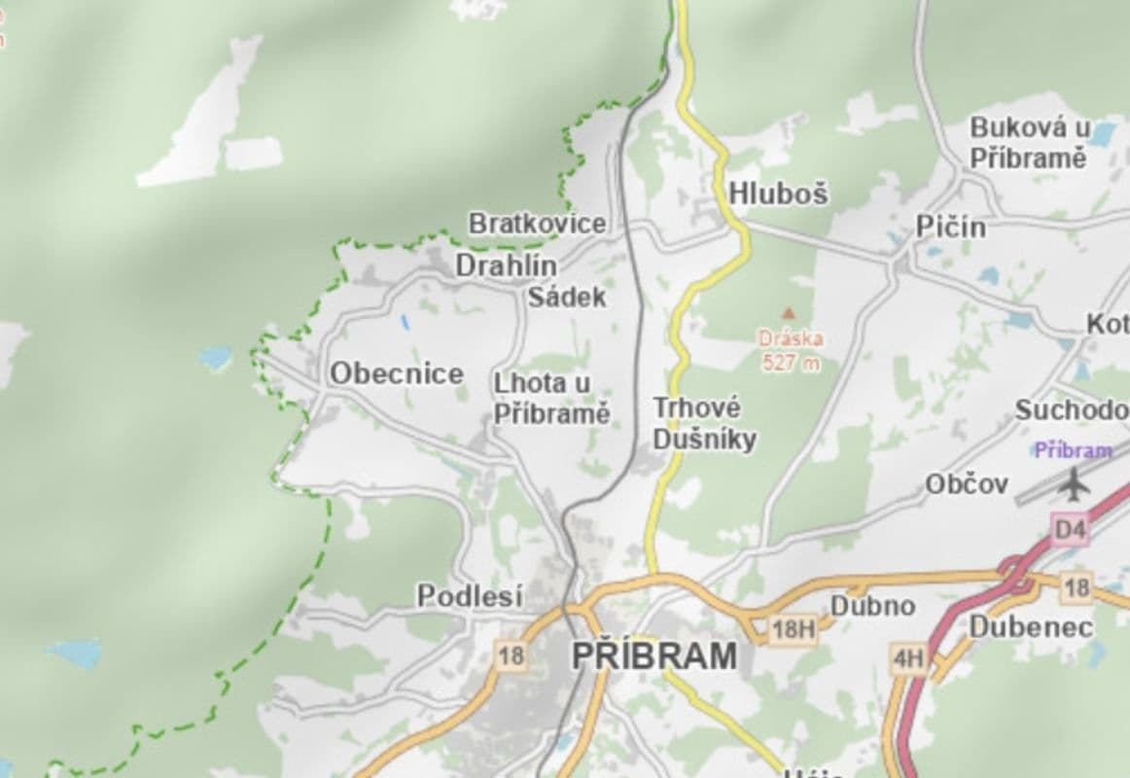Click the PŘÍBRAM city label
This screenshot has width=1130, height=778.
coord(653,656)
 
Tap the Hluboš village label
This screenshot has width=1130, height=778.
coord(779,194)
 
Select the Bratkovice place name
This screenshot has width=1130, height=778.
coord(537,224)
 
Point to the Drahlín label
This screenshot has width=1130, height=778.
coord(507,265)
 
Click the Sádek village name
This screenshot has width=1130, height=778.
coord(567,298)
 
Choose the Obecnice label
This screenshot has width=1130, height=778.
coord(397,373)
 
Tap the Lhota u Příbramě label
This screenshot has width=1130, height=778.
coord(551,398)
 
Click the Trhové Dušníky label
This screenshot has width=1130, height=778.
coord(704,424)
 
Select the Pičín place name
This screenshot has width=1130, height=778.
coord(950,228)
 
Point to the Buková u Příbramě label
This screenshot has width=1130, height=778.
coord(1029,143)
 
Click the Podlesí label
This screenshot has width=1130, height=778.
coord(470,595)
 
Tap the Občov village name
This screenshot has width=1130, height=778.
coord(967,483)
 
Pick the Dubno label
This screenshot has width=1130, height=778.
coord(872,606)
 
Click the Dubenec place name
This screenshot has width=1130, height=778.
coord(1031,626)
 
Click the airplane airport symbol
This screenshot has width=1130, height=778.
coord(1074,483)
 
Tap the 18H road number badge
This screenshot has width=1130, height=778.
coord(793,629)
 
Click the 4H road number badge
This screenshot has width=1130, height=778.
coord(908,658)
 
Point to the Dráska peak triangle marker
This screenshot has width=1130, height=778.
coord(789,313)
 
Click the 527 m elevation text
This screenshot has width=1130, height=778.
coord(791,363)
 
